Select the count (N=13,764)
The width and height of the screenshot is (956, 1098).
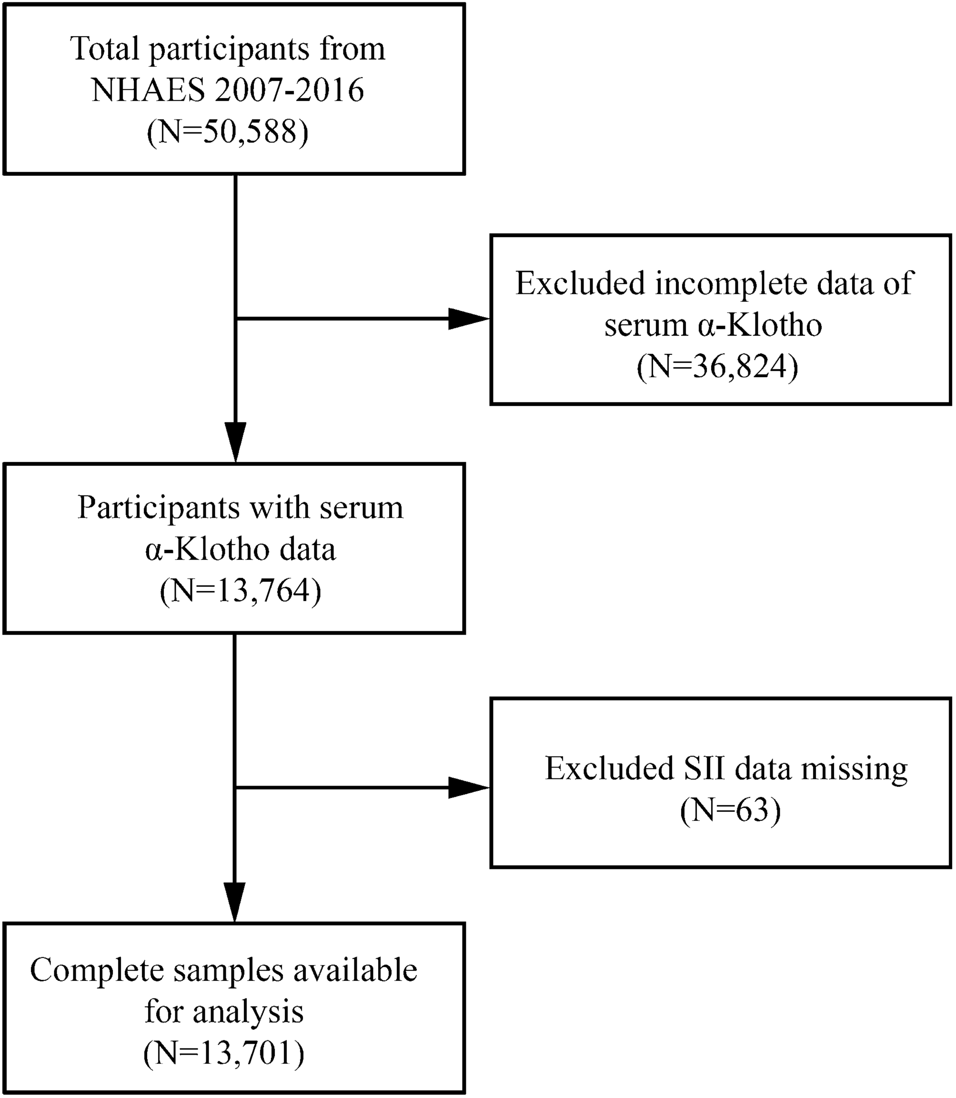[240, 590]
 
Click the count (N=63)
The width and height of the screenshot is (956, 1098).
[730, 810]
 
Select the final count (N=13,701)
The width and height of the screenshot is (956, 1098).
[224, 1053]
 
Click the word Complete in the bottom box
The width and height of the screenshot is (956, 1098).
[97, 969]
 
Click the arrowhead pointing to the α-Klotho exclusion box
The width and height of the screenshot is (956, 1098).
[468, 319]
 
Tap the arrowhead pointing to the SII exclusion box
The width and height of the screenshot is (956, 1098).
[468, 788]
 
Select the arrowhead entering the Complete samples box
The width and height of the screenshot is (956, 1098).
[235, 901]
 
